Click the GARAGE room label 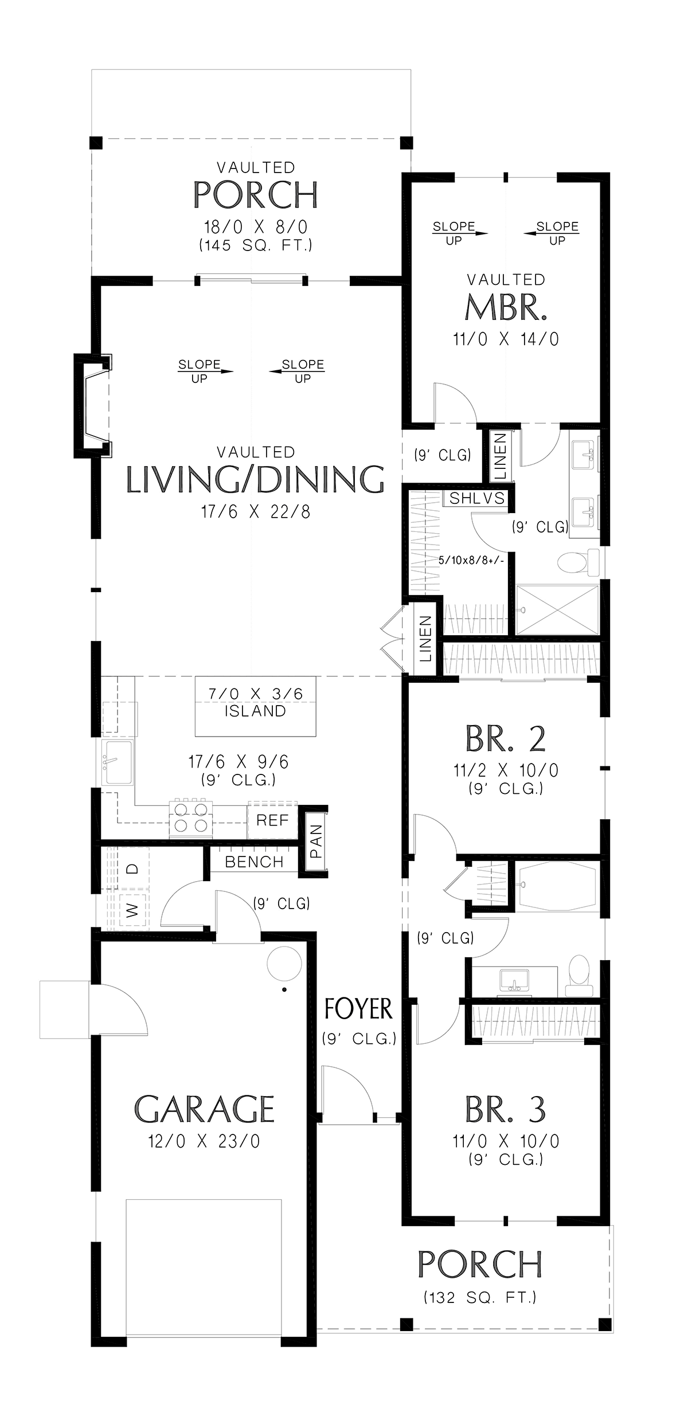click(205, 1109)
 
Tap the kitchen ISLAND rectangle click(256, 706)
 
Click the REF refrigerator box click(273, 821)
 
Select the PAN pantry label click(316, 841)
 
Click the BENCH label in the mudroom click(254, 862)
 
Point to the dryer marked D click(134, 869)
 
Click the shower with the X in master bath click(557, 609)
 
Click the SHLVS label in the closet click(477, 498)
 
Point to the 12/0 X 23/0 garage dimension click(205, 1141)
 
